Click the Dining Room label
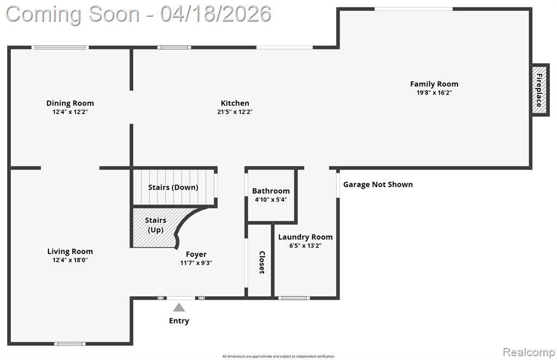click(x=70, y=103)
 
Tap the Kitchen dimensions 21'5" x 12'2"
click(x=235, y=112)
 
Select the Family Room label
click(x=434, y=84)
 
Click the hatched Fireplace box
click(x=540, y=90)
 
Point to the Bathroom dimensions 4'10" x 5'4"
click(x=271, y=200)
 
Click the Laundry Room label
click(x=305, y=237)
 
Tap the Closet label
click(x=262, y=262)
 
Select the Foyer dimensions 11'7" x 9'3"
click(x=196, y=263)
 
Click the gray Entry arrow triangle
click(x=179, y=307)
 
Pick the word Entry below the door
click(x=179, y=321)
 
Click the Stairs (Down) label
click(x=173, y=188)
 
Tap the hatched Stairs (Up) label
click(x=156, y=225)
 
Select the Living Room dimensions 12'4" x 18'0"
click(x=70, y=260)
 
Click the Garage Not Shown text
click(x=378, y=184)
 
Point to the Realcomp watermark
click(x=529, y=352)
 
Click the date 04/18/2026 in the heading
click(x=215, y=14)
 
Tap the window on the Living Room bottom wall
click(x=70, y=344)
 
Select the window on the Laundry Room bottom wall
click(x=294, y=298)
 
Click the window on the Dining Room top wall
click(x=60, y=47)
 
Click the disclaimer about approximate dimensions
click(x=278, y=356)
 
